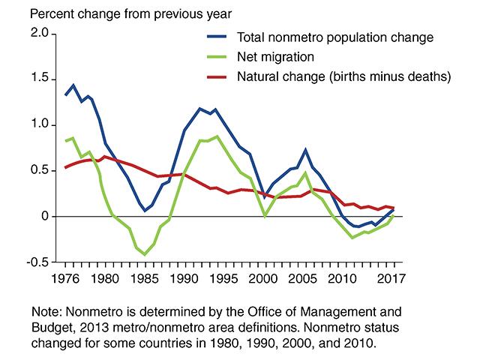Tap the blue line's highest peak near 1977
(x=73, y=85)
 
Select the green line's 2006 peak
(x=305, y=172)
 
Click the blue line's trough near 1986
(x=145, y=211)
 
